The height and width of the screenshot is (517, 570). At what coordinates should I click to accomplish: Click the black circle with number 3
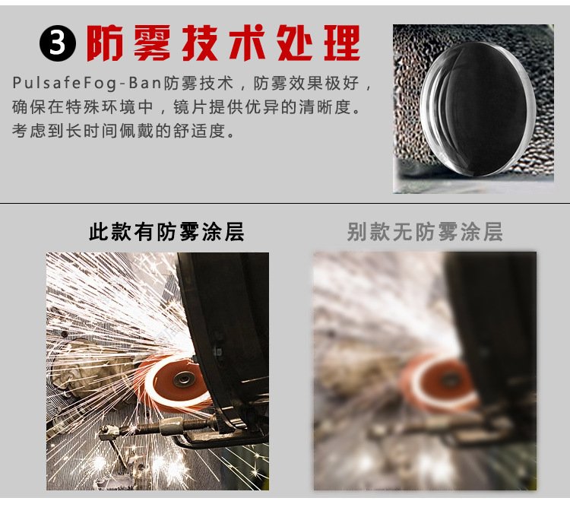tap(58, 43)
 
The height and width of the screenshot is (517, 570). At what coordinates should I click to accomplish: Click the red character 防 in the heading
tap(104, 43)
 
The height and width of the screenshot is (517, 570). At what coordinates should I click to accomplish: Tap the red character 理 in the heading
tap(342, 43)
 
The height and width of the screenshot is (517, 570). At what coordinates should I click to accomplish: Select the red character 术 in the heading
tap(247, 43)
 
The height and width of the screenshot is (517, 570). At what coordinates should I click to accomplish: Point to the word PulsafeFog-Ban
tap(87, 84)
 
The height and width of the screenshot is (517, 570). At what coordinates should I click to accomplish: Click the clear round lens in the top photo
tap(478, 109)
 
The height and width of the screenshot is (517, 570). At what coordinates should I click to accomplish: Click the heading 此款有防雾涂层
tap(166, 232)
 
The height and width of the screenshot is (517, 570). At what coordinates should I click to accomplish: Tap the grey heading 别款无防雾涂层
tap(425, 232)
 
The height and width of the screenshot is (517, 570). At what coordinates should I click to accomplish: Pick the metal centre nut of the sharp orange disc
tap(183, 379)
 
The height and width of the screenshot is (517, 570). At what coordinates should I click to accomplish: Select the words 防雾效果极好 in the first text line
tap(306, 84)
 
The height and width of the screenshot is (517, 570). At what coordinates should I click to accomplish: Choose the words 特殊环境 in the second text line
tap(101, 107)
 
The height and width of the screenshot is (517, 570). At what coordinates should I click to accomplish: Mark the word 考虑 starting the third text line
tap(30, 131)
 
